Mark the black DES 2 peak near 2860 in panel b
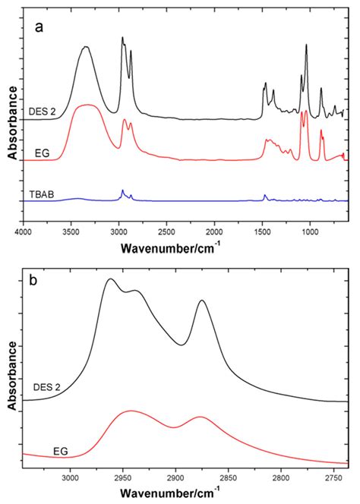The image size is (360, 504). (202, 301)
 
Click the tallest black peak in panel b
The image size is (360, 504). (111, 279)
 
